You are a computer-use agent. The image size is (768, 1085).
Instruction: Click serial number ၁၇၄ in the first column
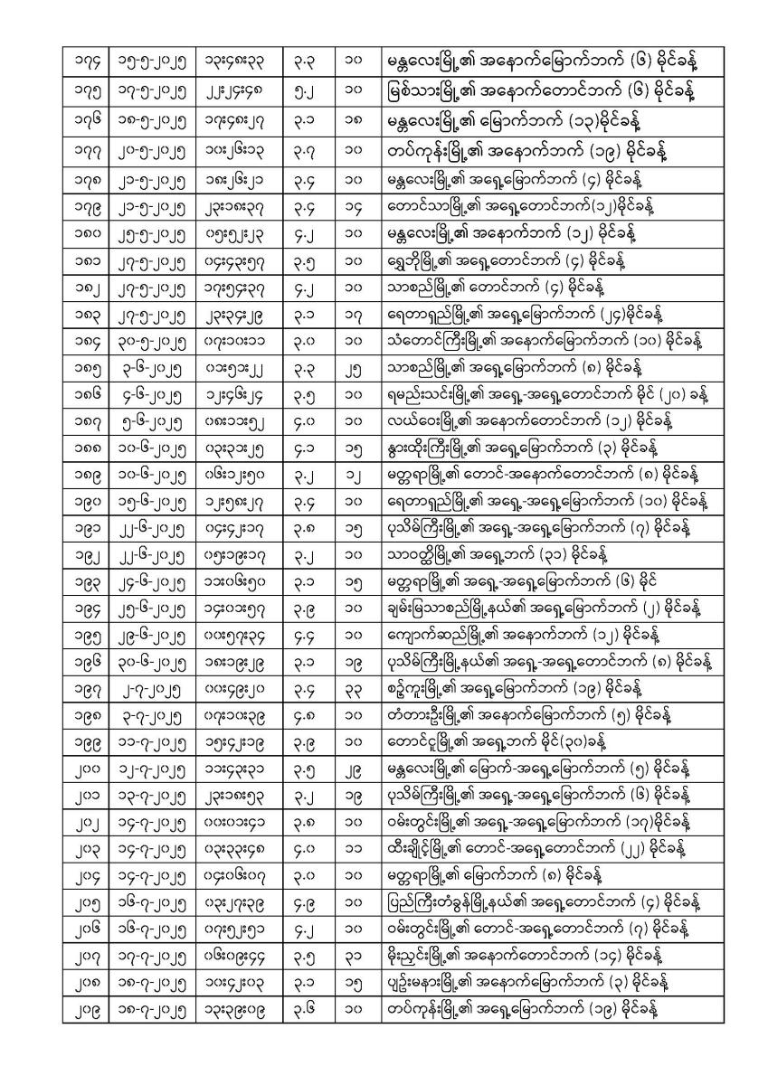click(89, 61)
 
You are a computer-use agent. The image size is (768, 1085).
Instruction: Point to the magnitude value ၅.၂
click(304, 90)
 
